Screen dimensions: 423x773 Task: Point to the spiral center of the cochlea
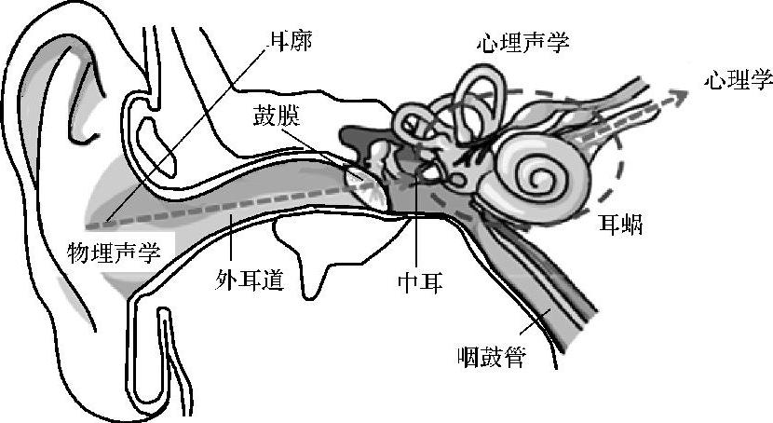coord(538,173)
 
